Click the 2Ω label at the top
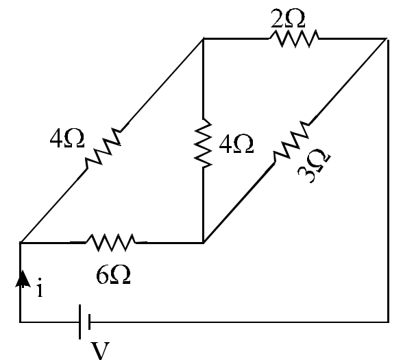tap(288, 18)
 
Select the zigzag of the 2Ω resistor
tap(294, 38)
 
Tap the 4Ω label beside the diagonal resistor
tap(67, 138)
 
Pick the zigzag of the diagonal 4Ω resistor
tap(103, 148)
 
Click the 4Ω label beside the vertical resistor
tap(236, 144)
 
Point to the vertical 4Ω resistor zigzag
tap(204, 143)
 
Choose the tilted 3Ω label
tap(314, 166)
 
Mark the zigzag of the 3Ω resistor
tap(292, 141)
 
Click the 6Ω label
tap(113, 274)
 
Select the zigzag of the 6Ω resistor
tap(111, 242)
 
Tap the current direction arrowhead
tap(23, 278)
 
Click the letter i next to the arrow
tap(39, 287)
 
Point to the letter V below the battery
tap(101, 350)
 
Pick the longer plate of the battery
tap(80, 322)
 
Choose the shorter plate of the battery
tap(89, 322)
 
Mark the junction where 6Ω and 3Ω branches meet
tap(204, 242)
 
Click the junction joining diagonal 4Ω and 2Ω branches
tap(204, 39)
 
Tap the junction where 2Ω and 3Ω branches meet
tap(387, 39)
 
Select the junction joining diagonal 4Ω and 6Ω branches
tap(21, 243)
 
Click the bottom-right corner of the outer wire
tap(388, 322)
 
